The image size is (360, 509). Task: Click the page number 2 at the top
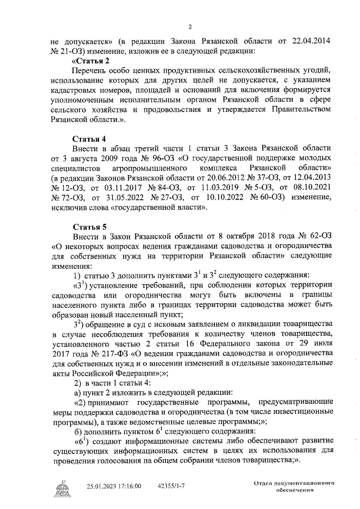pyautogui.click(x=190, y=26)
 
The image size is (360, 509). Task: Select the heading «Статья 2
pyautogui.click(x=91, y=60)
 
